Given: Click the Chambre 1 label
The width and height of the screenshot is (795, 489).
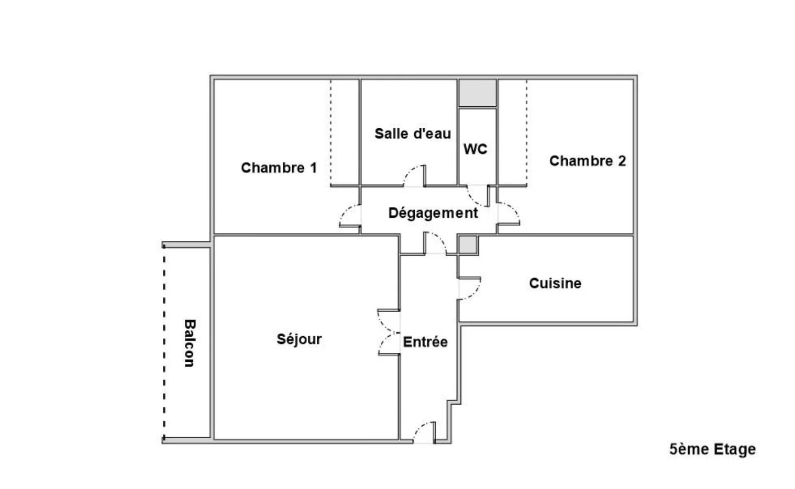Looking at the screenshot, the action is [279, 168].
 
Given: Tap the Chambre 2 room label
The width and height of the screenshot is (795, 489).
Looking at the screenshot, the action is [588, 161].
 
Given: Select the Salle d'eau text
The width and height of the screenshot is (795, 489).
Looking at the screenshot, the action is [413, 134].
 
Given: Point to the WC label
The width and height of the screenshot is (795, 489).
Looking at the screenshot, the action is [475, 149].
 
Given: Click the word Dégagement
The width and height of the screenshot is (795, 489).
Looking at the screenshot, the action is [433, 213].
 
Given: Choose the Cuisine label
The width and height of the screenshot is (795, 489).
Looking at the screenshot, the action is [555, 283].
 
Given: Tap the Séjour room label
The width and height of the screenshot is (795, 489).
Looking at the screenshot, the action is [299, 339].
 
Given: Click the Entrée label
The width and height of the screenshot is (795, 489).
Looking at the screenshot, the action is [425, 342].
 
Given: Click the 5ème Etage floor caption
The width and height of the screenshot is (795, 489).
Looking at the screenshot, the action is [713, 449].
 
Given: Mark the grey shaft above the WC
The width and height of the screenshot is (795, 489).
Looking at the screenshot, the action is [477, 93].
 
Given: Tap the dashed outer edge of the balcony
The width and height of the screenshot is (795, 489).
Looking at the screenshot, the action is [164, 342].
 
